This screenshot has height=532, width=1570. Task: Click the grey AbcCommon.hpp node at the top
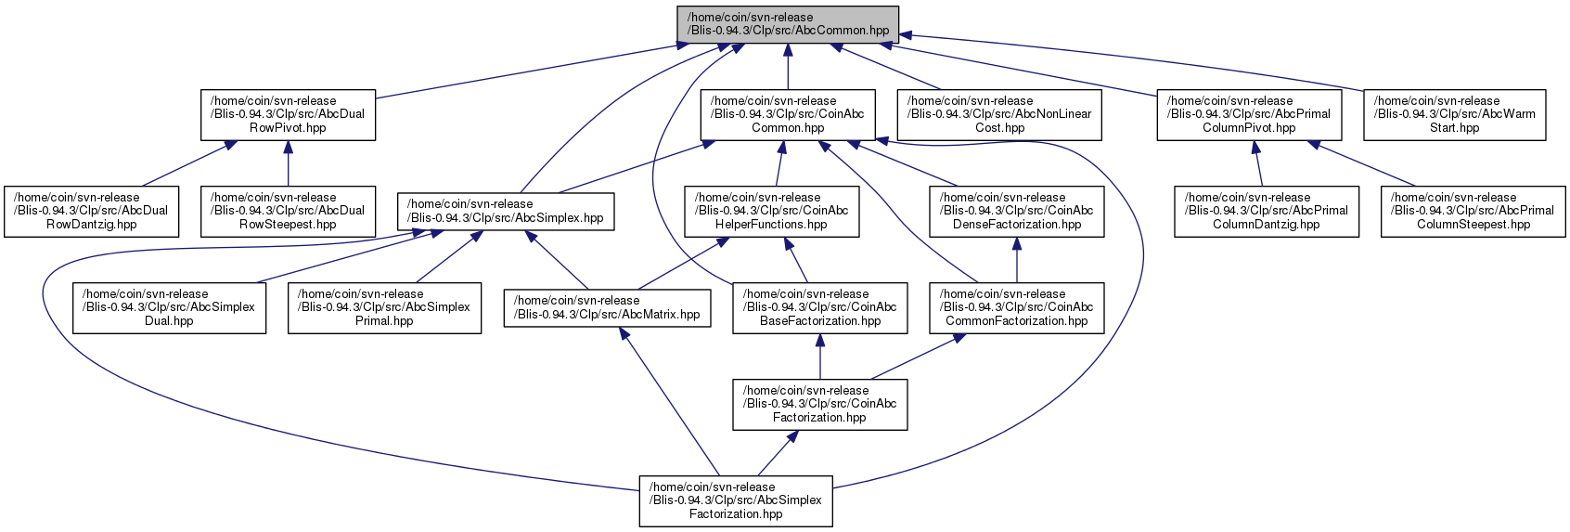click(788, 24)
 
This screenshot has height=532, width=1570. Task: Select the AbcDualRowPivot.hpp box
click(288, 115)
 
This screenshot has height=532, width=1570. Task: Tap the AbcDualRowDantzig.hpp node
click(91, 212)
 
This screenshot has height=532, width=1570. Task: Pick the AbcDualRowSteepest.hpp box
click(288, 212)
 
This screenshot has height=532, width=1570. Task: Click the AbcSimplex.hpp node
click(506, 212)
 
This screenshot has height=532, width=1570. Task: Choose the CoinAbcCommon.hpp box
click(788, 115)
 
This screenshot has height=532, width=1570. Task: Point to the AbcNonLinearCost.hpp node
click(999, 115)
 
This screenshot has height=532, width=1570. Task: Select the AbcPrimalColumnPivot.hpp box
click(1250, 115)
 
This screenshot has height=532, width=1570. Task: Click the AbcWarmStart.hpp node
click(1454, 115)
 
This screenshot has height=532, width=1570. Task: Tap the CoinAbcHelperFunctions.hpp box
click(772, 212)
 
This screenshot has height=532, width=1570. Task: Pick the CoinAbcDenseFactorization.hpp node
click(1016, 212)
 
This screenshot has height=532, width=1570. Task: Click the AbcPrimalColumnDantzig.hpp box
click(1267, 212)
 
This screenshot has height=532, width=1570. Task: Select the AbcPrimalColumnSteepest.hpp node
click(1473, 212)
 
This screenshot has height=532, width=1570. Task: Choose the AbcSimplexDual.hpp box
click(169, 308)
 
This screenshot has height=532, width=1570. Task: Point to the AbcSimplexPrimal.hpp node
click(384, 308)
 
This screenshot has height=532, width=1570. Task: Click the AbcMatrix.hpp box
click(607, 308)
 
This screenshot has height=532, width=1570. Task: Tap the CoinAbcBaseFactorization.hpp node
click(820, 308)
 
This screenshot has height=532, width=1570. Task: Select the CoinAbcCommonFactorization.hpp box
click(1016, 308)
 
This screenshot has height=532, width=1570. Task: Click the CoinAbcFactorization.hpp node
click(820, 405)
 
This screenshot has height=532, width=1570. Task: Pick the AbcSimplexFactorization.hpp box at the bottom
click(736, 502)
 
